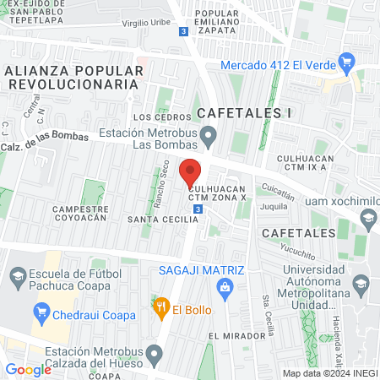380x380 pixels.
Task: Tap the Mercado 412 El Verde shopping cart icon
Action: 345,62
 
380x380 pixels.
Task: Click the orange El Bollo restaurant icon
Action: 158,307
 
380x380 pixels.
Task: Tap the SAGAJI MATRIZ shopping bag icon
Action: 224,288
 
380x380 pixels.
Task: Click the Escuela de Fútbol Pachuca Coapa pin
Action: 16,276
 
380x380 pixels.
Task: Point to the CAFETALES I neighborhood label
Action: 237,112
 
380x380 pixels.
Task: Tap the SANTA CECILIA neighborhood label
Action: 162,219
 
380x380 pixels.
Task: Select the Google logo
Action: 28,369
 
